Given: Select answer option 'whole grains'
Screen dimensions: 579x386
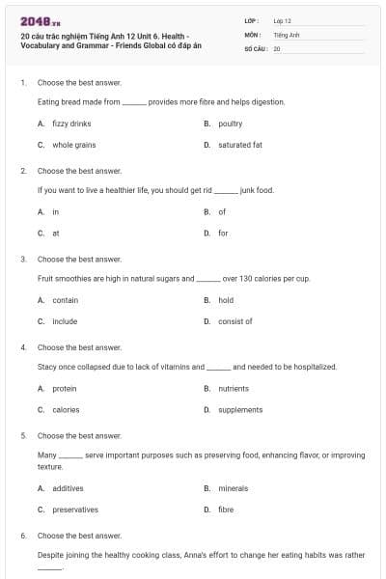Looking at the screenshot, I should tap(73, 145).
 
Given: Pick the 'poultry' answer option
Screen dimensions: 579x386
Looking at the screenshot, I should tap(231, 124).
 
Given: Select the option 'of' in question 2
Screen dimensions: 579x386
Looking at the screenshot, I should tap(222, 211).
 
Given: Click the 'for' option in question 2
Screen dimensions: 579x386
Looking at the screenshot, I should tap(223, 233).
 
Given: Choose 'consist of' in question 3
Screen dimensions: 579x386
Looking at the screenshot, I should tap(235, 321).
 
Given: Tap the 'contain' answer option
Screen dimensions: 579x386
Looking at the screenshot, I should tap(65, 300).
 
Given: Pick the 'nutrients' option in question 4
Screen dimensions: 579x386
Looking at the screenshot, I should tap(234, 388).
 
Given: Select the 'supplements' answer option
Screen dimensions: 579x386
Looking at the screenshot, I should tap(240, 409).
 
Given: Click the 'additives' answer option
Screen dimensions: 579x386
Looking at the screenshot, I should tap(68, 488).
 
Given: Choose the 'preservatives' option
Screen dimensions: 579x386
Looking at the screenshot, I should tap(74, 510).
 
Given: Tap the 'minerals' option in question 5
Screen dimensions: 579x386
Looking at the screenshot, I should tap(234, 488).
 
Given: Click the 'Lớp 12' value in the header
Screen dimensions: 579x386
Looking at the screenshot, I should tap(282, 20).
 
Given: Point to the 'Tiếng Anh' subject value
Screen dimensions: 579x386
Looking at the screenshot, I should tap(286, 34).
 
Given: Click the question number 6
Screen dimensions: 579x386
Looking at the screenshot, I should tap(22, 535).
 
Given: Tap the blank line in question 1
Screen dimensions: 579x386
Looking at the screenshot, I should tap(134, 101).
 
